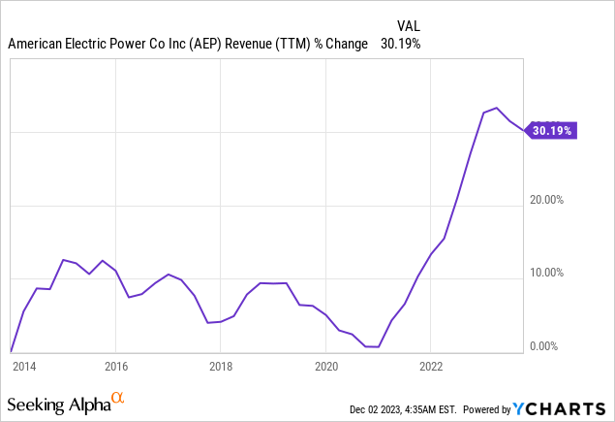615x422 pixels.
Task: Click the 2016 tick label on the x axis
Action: pos(115,367)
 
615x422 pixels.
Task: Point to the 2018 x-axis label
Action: pos(221,367)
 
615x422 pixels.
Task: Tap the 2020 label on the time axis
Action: pos(326,367)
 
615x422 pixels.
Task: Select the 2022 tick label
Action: pos(431,367)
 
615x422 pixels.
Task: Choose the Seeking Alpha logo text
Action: pos(58,402)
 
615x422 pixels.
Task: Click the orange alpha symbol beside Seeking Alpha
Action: pos(118,398)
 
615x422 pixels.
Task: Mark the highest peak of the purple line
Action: pos(496,108)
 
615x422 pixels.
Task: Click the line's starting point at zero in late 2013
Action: pos(11,351)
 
